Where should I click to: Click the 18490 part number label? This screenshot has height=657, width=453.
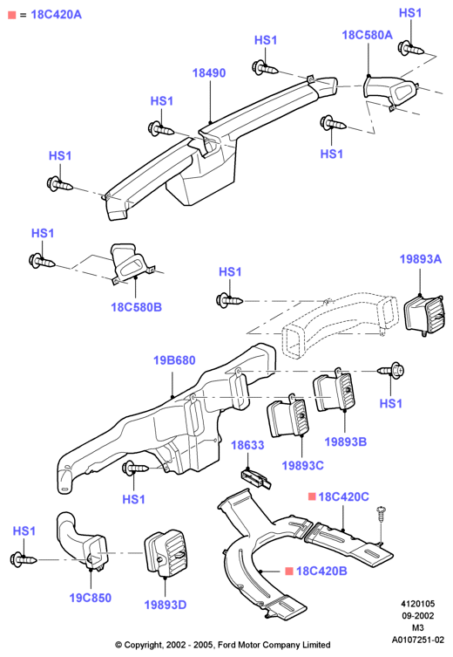click(x=209, y=73)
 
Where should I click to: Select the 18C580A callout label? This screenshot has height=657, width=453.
click(x=368, y=35)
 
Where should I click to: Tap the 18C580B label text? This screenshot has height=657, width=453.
click(x=136, y=307)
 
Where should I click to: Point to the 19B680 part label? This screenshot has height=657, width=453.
click(x=174, y=360)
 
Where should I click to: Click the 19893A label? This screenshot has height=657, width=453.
click(x=421, y=259)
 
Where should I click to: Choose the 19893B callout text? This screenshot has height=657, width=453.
click(x=346, y=441)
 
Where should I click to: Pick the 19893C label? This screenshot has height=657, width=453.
click(x=302, y=466)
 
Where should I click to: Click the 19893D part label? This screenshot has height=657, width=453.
click(x=166, y=605)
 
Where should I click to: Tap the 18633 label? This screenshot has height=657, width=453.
click(x=247, y=445)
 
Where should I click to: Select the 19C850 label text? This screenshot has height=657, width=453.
click(x=91, y=598)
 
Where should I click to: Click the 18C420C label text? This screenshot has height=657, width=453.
click(x=343, y=497)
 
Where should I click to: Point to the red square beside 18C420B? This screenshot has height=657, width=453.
click(x=288, y=571)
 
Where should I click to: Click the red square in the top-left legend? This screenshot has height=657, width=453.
click(x=11, y=15)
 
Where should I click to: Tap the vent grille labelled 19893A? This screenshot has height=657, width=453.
click(x=424, y=316)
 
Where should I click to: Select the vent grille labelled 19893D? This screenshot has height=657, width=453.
click(x=166, y=553)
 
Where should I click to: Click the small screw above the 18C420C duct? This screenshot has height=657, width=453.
click(x=381, y=514)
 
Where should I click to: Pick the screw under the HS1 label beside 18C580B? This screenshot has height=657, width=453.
click(x=42, y=262)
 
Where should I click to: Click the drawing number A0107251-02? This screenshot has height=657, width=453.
click(x=417, y=640)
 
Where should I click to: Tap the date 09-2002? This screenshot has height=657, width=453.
click(x=417, y=616)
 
